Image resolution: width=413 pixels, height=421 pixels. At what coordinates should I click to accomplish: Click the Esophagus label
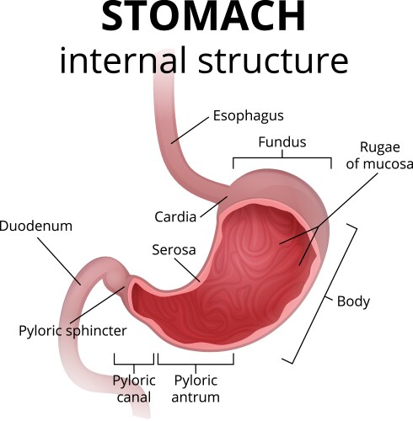coord(248,115)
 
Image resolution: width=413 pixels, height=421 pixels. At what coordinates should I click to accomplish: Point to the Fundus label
coord(282,142)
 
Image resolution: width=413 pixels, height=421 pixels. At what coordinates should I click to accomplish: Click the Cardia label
coord(175,216)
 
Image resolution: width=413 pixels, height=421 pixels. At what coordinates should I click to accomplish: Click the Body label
coord(353,301)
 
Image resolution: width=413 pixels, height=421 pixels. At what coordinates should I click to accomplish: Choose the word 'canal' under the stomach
coord(133,397)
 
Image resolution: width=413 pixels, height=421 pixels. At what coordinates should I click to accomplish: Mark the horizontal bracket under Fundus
coord(282,157)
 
